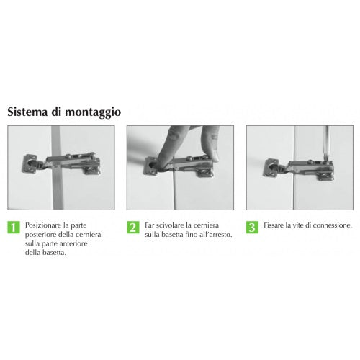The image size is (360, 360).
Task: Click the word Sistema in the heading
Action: tap(27, 112)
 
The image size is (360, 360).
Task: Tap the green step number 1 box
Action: tap(14, 228)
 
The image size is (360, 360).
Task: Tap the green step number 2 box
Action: tap(133, 228)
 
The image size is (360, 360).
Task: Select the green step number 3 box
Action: tap(252, 228)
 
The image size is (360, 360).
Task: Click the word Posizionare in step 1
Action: tap(44, 225)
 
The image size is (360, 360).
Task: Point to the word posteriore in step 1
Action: tap(40, 235)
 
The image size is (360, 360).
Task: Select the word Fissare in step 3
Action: tap(274, 225)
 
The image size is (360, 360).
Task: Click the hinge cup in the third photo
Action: tap(271, 168)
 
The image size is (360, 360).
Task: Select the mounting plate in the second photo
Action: tap(204, 171)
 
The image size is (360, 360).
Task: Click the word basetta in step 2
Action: tap(172, 235)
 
